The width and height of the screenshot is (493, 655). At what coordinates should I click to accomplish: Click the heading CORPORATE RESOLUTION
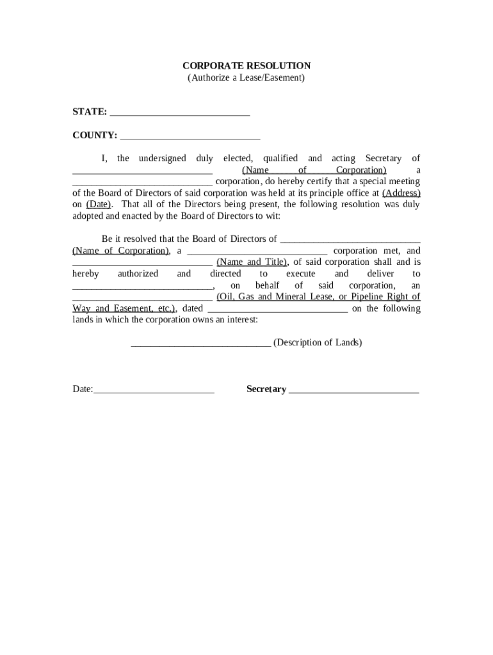click(247, 66)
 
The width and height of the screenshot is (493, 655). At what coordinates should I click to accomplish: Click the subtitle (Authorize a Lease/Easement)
click(247, 78)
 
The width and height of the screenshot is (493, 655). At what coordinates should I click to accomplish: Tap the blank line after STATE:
click(180, 114)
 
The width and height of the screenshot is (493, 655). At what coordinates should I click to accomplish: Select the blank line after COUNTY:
click(190, 137)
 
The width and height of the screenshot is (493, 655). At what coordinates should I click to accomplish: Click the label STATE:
click(90, 112)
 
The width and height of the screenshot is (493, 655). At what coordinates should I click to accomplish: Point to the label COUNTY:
click(95, 136)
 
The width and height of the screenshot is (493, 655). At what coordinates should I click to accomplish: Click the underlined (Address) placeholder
click(401, 193)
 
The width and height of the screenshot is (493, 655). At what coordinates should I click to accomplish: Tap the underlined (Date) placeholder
click(99, 205)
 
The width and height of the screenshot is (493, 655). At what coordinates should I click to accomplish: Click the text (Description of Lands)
click(318, 343)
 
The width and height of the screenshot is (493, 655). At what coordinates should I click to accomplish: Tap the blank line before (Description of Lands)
click(201, 345)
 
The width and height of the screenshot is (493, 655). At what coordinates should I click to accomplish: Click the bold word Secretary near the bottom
click(266, 390)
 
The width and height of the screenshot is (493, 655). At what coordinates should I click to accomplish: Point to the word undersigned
click(163, 159)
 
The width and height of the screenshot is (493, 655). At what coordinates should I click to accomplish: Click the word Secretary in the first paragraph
click(384, 159)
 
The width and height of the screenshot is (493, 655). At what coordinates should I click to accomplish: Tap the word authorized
click(138, 274)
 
